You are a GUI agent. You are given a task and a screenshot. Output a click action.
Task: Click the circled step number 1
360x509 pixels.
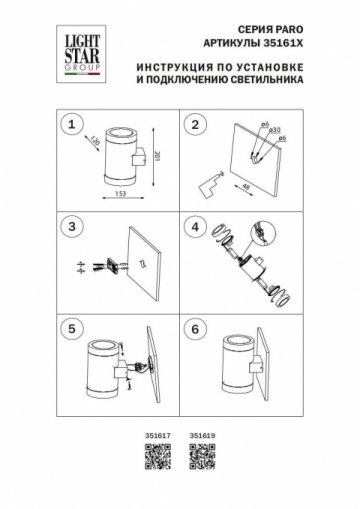coord(71,126)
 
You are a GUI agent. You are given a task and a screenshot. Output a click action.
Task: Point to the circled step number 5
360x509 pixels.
coord(71,326)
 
